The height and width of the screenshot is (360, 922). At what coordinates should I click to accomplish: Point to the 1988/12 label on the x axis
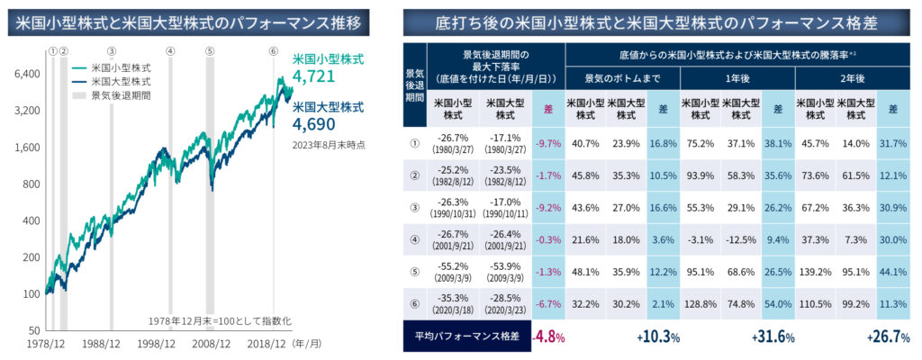pyautogui.click(x=100, y=343)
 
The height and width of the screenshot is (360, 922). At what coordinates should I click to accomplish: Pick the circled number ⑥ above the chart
pyautogui.click(x=273, y=51)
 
